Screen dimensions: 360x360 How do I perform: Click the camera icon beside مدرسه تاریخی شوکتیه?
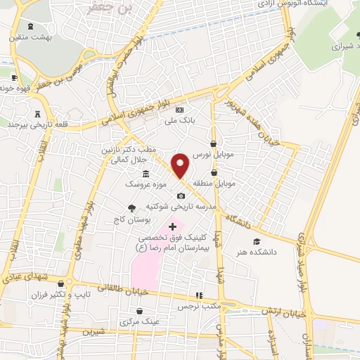tap(181, 195)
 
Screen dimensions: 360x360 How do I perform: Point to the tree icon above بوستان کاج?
tap(131, 208)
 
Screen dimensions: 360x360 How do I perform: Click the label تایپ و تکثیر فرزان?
tap(60, 295)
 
